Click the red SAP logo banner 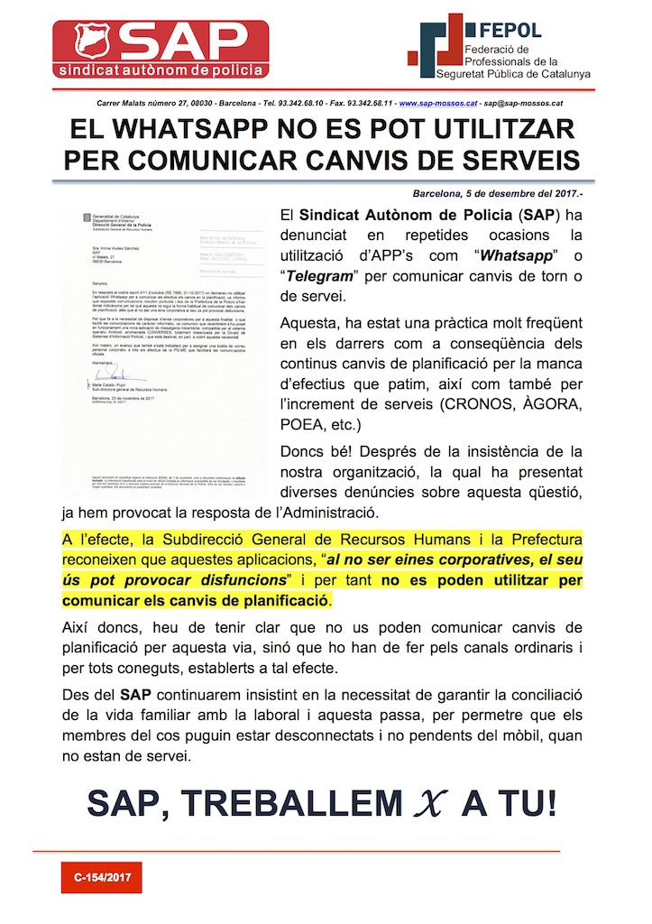(160, 51)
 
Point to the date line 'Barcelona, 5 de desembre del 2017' (505, 194)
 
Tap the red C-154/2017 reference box (101, 876)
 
